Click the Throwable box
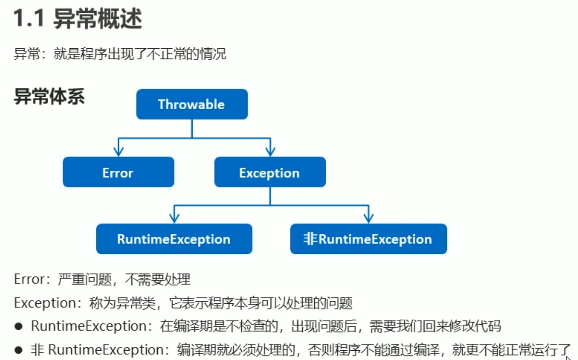pos(191,104)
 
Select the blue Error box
pos(118,172)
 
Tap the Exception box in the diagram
pos(270,172)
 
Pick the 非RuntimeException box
pos(368,239)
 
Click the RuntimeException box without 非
pos(174,239)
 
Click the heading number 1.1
pos(29,20)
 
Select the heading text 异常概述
pos(98,20)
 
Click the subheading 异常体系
pos(49,97)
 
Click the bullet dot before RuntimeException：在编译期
pos(18,327)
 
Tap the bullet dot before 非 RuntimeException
pos(18,350)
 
